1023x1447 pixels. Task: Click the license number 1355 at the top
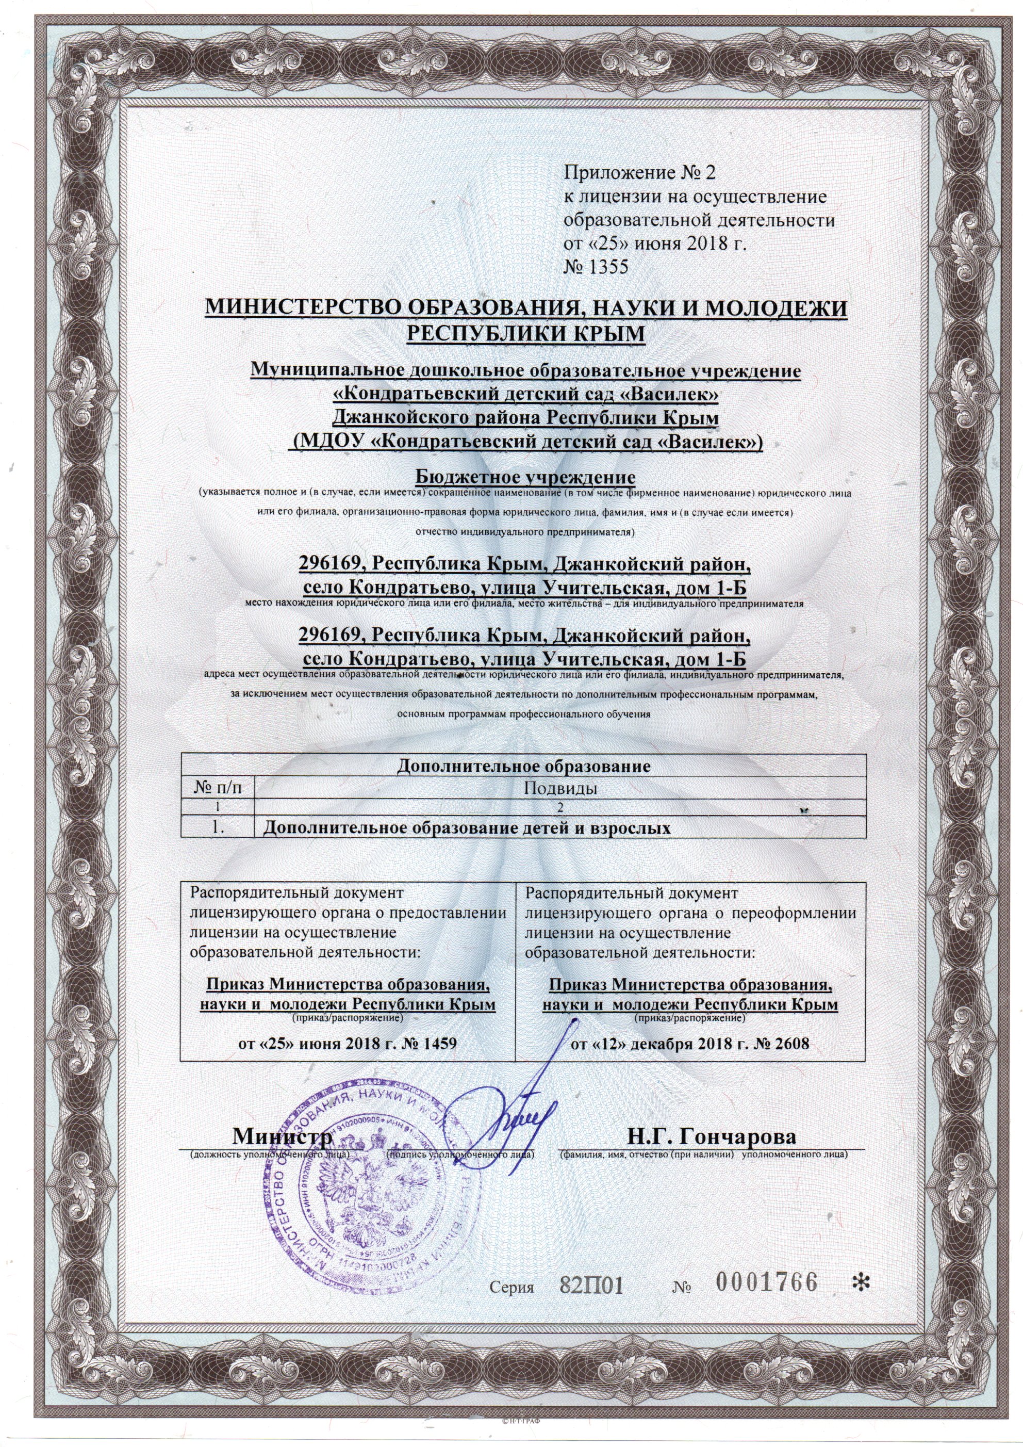pyautogui.click(x=606, y=267)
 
